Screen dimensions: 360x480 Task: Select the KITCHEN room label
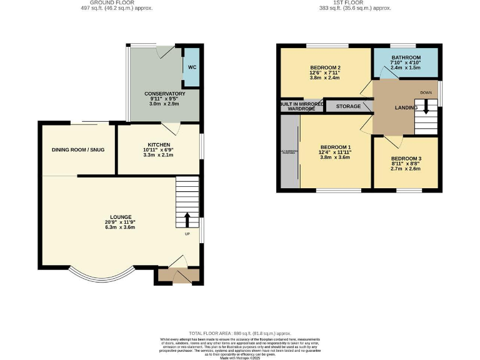click(x=159, y=144)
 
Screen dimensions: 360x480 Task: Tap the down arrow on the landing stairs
click(x=426, y=107)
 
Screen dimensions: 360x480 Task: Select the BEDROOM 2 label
click(x=325, y=68)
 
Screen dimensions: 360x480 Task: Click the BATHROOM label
click(x=406, y=57)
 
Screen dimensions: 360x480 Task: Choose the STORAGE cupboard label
click(x=348, y=107)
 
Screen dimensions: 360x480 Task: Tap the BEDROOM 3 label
click(x=406, y=158)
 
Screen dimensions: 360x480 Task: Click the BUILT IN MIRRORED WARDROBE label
click(x=302, y=106)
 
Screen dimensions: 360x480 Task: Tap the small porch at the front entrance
click(x=178, y=275)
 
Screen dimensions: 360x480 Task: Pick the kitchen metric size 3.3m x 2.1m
click(x=159, y=156)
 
